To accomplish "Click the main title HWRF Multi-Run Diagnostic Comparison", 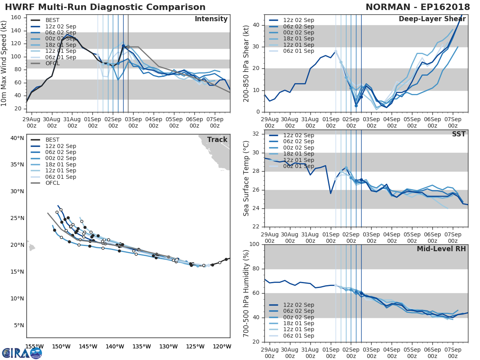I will pos(105,7).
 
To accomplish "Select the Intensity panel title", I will pos(211,19).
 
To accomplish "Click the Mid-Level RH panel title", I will pos(441,249).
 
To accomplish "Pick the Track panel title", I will pos(217,140).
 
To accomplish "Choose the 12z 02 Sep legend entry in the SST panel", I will pos(298,135).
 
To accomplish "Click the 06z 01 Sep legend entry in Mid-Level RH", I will pos(298,336).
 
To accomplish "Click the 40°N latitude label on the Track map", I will pos(17,138).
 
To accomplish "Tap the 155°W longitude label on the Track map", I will pos(34,346).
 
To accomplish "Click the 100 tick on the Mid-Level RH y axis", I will pos(255,244).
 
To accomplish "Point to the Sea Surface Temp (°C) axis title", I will pos(246,178).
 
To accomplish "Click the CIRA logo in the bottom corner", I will pos(22,353).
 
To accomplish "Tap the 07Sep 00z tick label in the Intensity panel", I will pos(214,122).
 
